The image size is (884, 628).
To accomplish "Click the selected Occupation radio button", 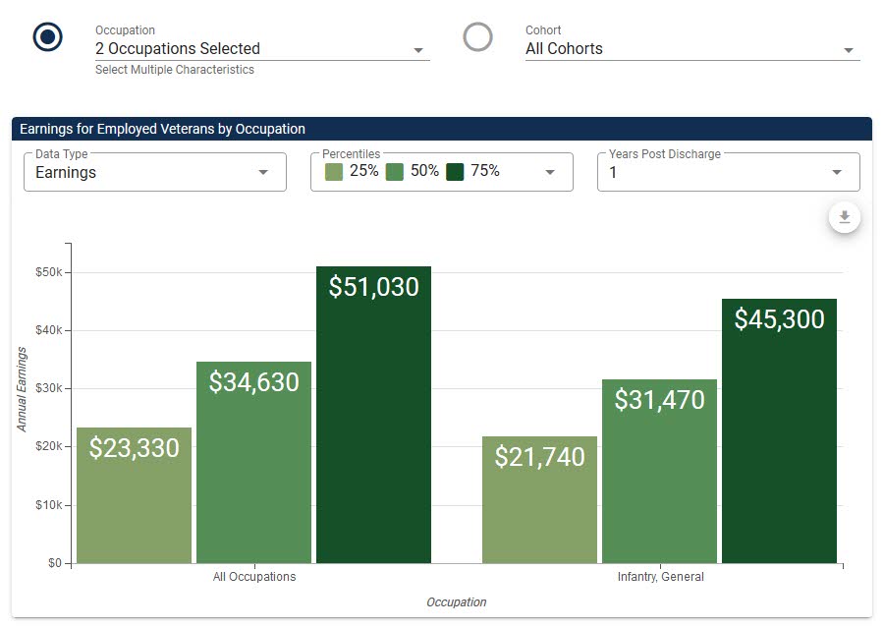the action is (47, 36).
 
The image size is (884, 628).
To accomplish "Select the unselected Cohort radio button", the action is (477, 36).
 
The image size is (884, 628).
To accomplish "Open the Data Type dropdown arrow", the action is (262, 172).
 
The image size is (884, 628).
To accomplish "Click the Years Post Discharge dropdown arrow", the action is (837, 172).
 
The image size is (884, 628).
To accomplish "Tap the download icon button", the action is (844, 217).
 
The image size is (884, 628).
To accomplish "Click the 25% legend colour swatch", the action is (334, 172).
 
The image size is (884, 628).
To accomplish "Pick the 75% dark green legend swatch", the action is (455, 172).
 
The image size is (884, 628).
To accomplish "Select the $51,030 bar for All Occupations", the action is (373, 415).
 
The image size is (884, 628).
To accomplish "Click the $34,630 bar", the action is (253, 463).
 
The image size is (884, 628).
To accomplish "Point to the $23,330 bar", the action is (135, 495).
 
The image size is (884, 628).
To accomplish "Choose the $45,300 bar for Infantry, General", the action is (779, 431).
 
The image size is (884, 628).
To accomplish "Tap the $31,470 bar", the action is (660, 471).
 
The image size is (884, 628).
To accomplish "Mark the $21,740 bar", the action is (539, 500).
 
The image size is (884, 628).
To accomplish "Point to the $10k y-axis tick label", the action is (49, 505).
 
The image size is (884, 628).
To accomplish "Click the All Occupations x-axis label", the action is (254, 577).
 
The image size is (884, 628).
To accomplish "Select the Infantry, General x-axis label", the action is (661, 577).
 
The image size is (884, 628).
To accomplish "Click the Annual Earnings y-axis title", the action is (22, 389).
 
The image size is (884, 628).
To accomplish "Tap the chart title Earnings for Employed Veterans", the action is (162, 129).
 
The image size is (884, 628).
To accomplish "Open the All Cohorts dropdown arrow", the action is (849, 50).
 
